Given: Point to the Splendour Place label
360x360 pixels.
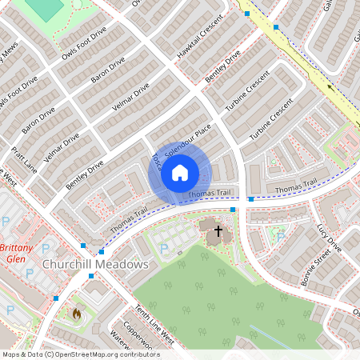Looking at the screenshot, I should pyautogui.click(x=188, y=139).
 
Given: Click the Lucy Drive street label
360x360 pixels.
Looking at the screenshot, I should pyautogui.click(x=329, y=238).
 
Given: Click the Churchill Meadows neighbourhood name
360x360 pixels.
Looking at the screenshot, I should pyautogui.click(x=95, y=263).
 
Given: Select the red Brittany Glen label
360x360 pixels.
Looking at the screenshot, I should pyautogui.click(x=16, y=253).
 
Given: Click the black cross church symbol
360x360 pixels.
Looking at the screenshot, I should pyautogui.click(x=218, y=231).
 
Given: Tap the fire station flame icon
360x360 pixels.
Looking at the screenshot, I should pyautogui.click(x=77, y=314).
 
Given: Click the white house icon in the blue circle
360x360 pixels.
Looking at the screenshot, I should pyautogui.click(x=180, y=172).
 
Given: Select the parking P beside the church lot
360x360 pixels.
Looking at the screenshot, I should pyautogui.click(x=164, y=249).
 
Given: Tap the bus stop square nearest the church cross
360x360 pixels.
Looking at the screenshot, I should pyautogui.click(x=233, y=210).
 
